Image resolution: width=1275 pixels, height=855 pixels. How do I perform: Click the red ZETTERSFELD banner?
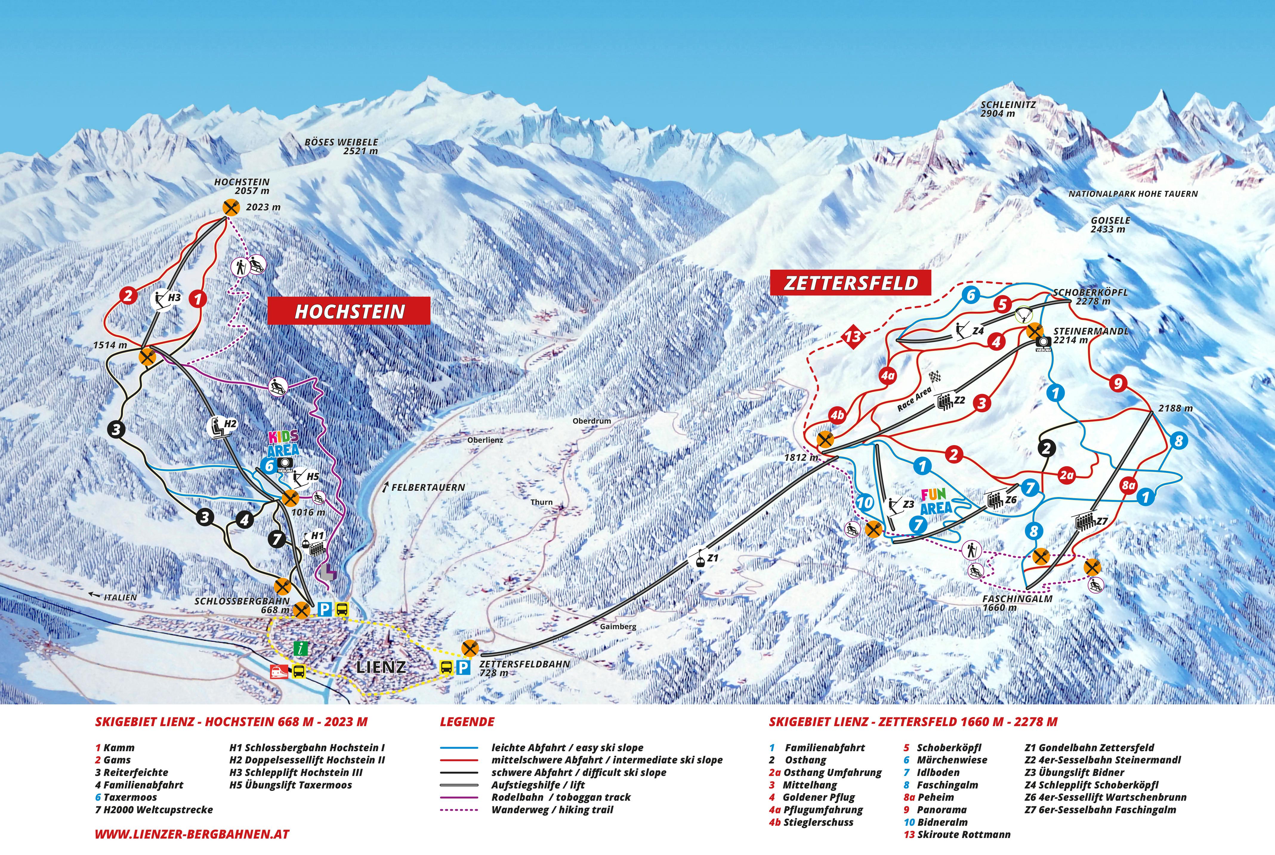tap(850, 283)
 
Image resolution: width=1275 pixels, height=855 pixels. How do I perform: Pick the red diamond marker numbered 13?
tap(853, 336)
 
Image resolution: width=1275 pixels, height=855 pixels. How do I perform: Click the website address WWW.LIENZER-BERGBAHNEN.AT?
tap(192, 834)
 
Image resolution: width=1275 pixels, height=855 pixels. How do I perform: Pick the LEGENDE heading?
tap(467, 722)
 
